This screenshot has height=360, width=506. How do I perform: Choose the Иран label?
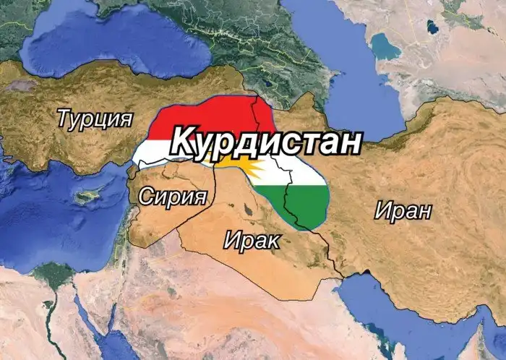coord(403,211)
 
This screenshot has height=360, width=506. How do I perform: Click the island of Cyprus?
coord(90,196)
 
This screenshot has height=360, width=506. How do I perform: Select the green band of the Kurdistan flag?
coord(307,206)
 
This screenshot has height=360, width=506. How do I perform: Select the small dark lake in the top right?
coord(433,27)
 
